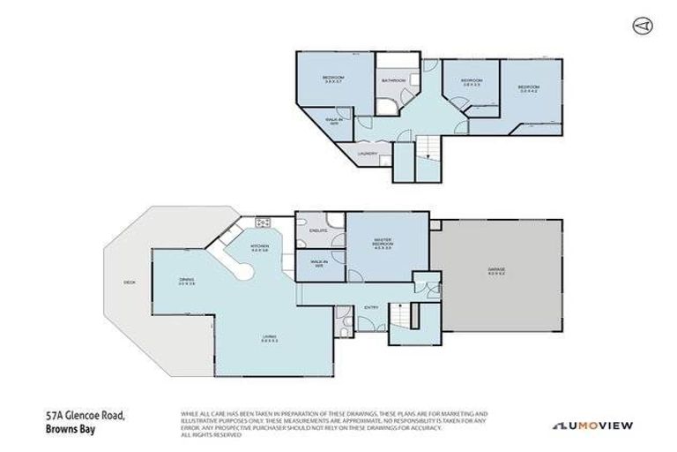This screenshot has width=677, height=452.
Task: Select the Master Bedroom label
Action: tap(381, 242)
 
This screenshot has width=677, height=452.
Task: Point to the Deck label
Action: tap(130, 282)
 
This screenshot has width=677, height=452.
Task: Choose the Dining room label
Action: tap(186, 280)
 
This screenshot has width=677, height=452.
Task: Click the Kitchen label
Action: tap(259, 248)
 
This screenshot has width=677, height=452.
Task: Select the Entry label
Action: tap(370, 306)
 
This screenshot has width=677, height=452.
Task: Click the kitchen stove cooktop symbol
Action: tap(262, 221)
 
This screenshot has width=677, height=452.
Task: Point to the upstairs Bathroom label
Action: tap(393, 81)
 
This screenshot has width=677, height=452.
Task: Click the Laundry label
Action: tap(368, 154)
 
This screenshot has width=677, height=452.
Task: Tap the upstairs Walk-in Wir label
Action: tap(334, 119)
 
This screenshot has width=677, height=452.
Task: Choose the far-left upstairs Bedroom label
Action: tap(332, 79)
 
